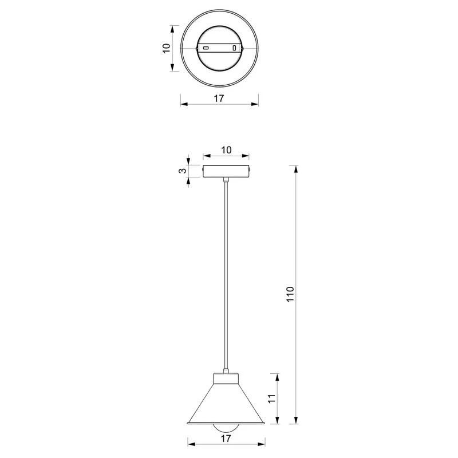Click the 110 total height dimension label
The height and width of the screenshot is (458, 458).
290,294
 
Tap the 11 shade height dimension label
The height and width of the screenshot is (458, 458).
271,398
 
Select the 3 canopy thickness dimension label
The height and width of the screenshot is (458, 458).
183,171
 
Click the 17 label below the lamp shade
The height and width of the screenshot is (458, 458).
226,439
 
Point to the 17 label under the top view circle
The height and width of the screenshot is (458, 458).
219,98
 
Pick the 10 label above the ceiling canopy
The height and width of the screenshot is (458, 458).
226,150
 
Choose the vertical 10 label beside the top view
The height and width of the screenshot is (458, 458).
166,48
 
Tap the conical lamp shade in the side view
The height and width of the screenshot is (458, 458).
226,404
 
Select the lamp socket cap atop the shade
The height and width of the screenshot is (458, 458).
226,378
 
